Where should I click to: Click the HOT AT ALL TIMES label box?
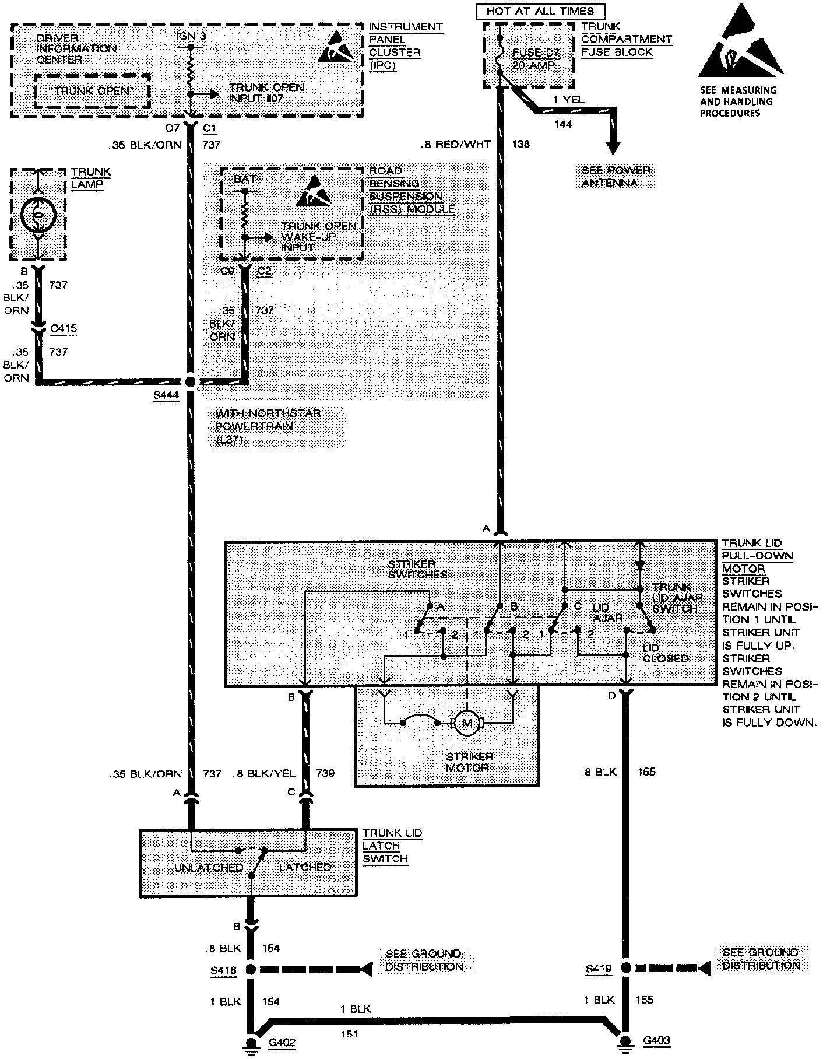pyautogui.click(x=540, y=11)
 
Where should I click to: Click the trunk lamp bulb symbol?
pyautogui.click(x=38, y=216)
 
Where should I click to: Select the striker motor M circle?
pyautogui.click(x=466, y=723)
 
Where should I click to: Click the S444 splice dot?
pyautogui.click(x=190, y=382)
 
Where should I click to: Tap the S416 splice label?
pyautogui.click(x=224, y=970)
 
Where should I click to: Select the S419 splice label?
pyautogui.click(x=599, y=969)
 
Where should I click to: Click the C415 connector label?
pyautogui.click(x=64, y=328)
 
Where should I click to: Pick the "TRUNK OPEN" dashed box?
pyautogui.click(x=93, y=91)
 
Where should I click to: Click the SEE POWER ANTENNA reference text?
pyautogui.click(x=616, y=177)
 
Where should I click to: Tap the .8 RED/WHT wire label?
pyautogui.click(x=455, y=144)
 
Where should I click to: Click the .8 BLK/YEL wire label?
pyautogui.click(x=263, y=773)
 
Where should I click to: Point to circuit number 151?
pyautogui.click(x=349, y=1034)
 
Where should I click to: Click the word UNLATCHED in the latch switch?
pyautogui.click(x=208, y=867)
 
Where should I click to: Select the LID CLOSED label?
pyautogui.click(x=665, y=653)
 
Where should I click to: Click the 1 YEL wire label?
pyautogui.click(x=568, y=100)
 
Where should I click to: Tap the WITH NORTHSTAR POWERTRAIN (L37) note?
pyautogui.click(x=268, y=426)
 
